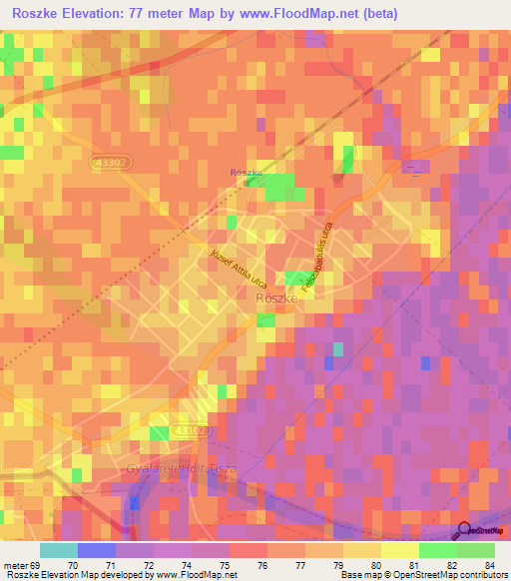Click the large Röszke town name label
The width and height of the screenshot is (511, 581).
(278, 297)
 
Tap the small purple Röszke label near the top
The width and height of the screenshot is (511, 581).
(246, 173)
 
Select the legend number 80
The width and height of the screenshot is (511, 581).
(374, 565)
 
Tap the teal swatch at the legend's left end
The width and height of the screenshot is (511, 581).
(59, 550)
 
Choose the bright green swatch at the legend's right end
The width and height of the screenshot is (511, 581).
(475, 550)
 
